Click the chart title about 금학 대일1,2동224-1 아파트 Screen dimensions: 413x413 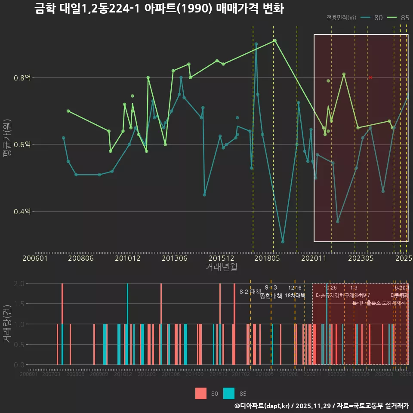[x=159, y=9]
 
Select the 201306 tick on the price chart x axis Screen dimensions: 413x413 [x=175, y=258]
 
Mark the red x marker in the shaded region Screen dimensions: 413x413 [x=370, y=77]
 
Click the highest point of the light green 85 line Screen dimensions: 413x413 [x=275, y=40]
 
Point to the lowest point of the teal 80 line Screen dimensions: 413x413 [x=283, y=242]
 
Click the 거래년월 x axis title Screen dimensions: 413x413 [x=221, y=267]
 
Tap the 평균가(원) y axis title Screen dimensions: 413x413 [x=7, y=145]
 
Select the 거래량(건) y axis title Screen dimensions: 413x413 [x=7, y=324]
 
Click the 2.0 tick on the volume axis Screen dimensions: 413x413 [x=19, y=284]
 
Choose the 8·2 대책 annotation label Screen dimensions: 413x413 [x=250, y=292]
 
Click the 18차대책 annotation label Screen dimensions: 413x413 [x=295, y=296]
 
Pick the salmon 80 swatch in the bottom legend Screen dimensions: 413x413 [x=201, y=393]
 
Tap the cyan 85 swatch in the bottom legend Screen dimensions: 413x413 [x=229, y=393]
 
